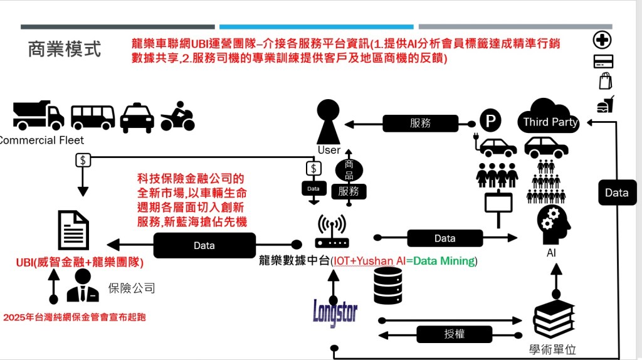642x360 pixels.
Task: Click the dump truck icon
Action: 38,115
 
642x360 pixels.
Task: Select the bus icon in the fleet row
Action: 93,117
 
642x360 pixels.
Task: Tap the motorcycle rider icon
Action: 177,116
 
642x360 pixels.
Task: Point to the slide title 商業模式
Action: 64,50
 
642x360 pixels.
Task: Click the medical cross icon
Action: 603,40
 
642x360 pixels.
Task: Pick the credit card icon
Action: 603,61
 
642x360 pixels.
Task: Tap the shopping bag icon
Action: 605,82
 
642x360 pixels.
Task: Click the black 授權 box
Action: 454,334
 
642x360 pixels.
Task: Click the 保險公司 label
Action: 132,289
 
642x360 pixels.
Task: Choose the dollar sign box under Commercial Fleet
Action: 83,160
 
